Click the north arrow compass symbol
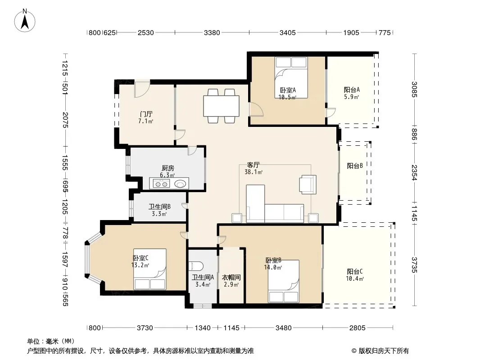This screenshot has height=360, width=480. (x=25, y=21)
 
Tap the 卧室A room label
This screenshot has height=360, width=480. (x=288, y=90)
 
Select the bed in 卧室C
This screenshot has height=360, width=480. (x=149, y=269)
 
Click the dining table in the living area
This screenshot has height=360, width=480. (x=222, y=106)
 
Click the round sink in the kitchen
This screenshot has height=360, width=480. (x=180, y=184)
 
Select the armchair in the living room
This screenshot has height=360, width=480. (x=308, y=184)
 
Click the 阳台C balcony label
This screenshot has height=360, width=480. (x=355, y=272)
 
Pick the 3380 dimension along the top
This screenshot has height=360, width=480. (x=212, y=32)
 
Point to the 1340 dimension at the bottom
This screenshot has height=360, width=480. (x=203, y=328)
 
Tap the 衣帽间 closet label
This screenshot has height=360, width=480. (x=231, y=277)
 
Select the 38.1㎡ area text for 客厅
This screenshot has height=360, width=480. (x=254, y=172)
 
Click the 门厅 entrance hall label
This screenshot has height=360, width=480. (x=146, y=114)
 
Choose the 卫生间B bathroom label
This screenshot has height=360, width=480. (x=159, y=207)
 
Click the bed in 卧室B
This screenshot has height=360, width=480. (x=284, y=281)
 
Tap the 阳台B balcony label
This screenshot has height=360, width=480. (x=355, y=166)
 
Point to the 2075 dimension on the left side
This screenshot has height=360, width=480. (x=65, y=120)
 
